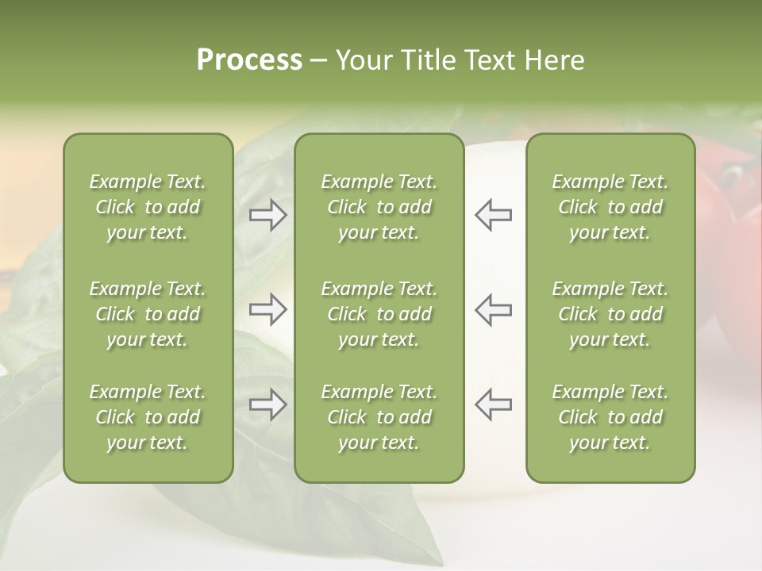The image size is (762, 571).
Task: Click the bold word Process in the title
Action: click(249, 60)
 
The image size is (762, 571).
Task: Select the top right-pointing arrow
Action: click(268, 215)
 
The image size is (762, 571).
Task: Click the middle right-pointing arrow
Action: click(268, 309)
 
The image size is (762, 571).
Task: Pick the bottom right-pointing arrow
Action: click(268, 404)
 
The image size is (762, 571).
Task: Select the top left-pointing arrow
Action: click(493, 215)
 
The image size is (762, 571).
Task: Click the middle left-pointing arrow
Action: click(493, 309)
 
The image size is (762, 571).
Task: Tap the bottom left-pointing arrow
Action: click(493, 404)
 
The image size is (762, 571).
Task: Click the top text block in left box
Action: click(148, 207)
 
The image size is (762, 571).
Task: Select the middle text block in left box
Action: click(148, 314)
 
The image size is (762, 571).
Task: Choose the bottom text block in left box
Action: click(148, 417)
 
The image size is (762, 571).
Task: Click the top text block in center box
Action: click(379, 207)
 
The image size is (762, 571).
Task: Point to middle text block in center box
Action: click(379, 314)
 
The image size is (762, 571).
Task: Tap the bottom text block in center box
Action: click(379, 417)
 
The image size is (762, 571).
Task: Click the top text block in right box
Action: click(610, 207)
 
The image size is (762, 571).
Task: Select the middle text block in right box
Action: click(610, 314)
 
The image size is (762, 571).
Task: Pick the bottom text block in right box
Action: click(610, 417)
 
